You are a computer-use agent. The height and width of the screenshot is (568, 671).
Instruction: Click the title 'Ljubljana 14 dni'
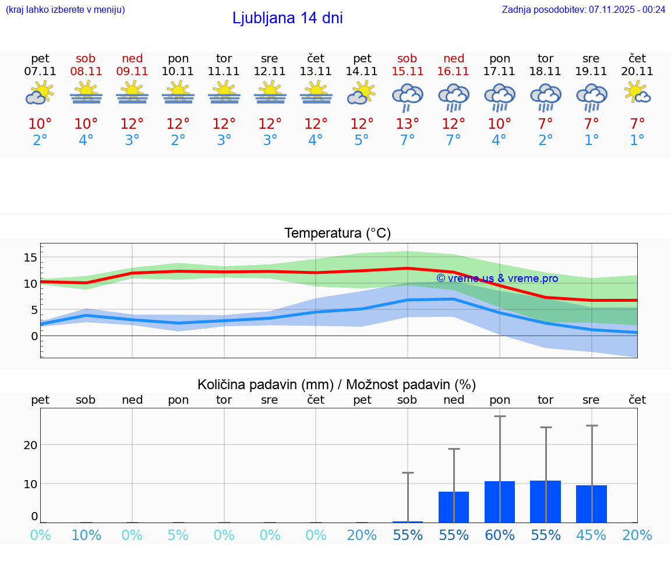pyautogui.click(x=287, y=18)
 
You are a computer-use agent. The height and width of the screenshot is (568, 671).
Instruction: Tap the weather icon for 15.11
pyautogui.click(x=407, y=97)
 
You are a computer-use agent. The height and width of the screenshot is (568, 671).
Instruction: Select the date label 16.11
pyautogui.click(x=453, y=72)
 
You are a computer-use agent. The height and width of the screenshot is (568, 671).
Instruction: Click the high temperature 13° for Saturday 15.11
pyautogui.click(x=407, y=124)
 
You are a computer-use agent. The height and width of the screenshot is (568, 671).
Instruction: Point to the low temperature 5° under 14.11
pyautogui.click(x=362, y=140)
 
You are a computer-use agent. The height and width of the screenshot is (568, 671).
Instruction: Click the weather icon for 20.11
pyautogui.click(x=637, y=92)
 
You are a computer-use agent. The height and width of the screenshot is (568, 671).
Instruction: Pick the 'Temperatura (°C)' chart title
pyautogui.click(x=337, y=234)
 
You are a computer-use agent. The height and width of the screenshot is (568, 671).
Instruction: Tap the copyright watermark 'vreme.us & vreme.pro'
pyautogui.click(x=497, y=278)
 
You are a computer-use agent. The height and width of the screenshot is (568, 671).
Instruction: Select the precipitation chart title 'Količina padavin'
pyautogui.click(x=337, y=384)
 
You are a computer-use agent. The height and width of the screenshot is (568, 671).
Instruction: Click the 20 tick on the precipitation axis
pyautogui.click(x=30, y=445)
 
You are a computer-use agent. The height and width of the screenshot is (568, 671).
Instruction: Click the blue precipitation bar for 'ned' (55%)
pyautogui.click(x=454, y=507)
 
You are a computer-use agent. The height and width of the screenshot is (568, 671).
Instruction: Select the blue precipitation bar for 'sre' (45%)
pyautogui.click(x=591, y=504)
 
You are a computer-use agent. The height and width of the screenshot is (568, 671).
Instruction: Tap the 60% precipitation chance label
pyautogui.click(x=500, y=535)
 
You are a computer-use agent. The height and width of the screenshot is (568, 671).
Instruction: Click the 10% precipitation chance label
pyautogui.click(x=86, y=535)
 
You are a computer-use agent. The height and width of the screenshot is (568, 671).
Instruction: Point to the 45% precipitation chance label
pyautogui.click(x=591, y=535)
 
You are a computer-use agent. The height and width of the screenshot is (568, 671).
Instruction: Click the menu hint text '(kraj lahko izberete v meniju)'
pyautogui.click(x=65, y=9)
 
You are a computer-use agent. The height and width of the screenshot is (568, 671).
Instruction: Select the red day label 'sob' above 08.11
pyautogui.click(x=86, y=58)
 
